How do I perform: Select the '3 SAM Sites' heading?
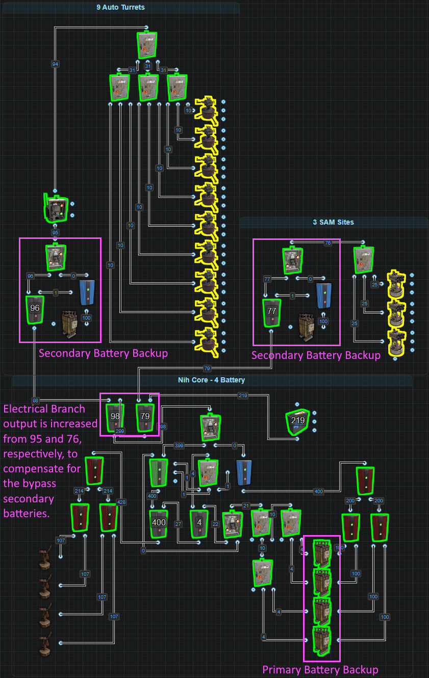pos(333,222)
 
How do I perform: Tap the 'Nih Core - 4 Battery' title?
pos(211,380)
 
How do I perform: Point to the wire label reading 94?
pos(55,64)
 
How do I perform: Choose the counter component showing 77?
pos(271,311)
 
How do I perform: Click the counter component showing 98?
pos(115,416)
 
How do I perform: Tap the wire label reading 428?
pos(121,502)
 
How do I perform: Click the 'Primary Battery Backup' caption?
pos(320,669)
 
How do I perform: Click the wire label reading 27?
pos(178,524)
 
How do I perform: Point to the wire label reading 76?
pos(328,243)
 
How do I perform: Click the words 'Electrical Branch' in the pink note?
pos(44,409)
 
